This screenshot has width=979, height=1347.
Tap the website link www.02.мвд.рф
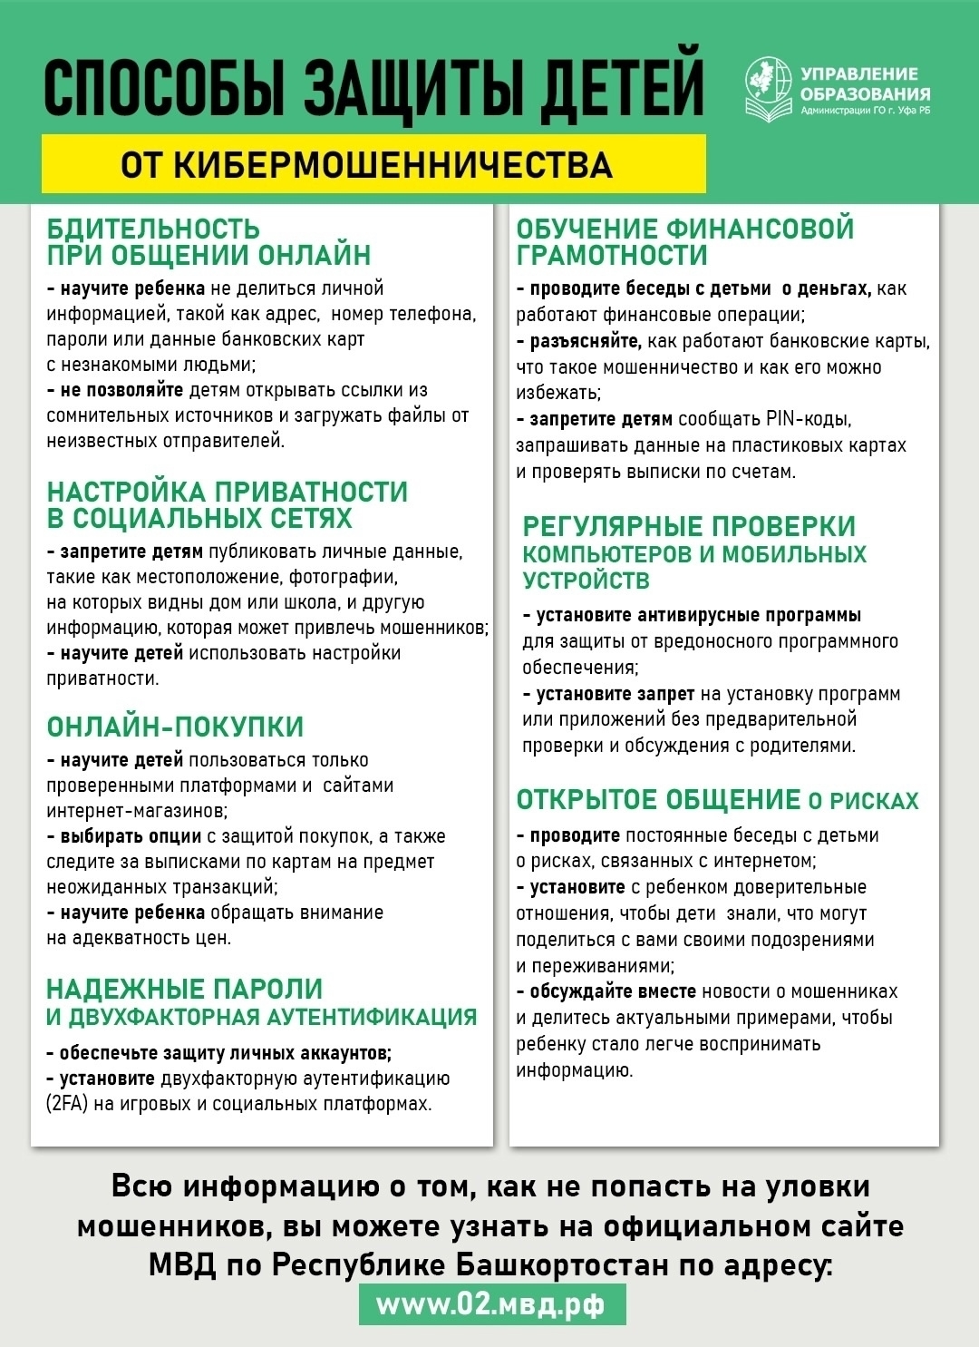click(490, 1304)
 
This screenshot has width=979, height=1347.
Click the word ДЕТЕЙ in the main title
click(622, 89)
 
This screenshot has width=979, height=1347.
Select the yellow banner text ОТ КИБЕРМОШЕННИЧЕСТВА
click(366, 165)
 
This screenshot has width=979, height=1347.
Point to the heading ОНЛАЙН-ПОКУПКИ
click(175, 727)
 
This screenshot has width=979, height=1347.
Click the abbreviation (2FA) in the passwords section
click(67, 1104)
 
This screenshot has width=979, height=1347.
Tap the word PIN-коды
click(807, 419)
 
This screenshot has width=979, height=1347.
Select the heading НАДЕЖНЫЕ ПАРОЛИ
click(184, 989)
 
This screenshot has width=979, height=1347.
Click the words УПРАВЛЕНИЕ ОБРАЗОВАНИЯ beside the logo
click(864, 84)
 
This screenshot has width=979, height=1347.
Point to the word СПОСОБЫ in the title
click(163, 89)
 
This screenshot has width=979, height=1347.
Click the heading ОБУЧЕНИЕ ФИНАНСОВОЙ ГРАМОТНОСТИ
click(684, 241)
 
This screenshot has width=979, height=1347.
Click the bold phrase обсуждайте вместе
click(613, 991)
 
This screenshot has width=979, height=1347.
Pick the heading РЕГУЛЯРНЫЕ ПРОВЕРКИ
click(689, 526)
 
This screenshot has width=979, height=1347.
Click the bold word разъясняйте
click(586, 341)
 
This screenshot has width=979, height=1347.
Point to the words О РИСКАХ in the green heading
click(863, 801)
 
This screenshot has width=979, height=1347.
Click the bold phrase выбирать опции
click(131, 836)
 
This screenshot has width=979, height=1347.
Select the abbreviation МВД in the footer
click(182, 1264)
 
